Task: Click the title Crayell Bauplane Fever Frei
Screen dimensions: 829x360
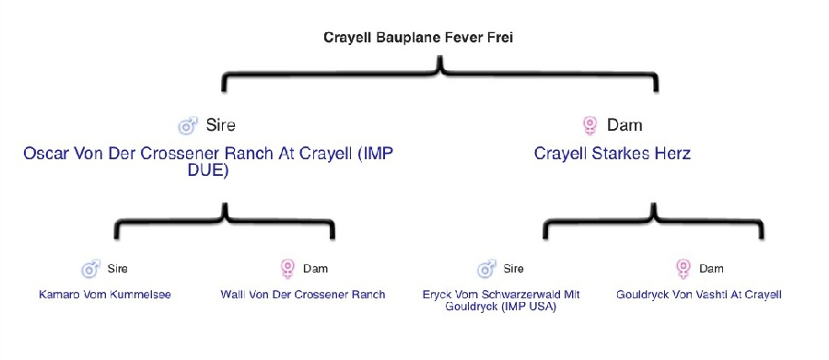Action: (x=418, y=38)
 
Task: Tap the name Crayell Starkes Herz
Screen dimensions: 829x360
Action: (x=613, y=154)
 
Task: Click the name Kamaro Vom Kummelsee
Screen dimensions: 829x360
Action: (x=105, y=295)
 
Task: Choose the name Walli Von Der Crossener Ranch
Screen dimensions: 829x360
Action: (x=303, y=295)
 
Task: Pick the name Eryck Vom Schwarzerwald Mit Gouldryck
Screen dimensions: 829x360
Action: (x=501, y=301)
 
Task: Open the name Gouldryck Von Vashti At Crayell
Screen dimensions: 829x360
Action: (x=698, y=295)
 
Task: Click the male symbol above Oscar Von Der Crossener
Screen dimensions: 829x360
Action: (x=188, y=126)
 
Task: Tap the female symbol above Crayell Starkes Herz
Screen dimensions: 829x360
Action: (x=590, y=126)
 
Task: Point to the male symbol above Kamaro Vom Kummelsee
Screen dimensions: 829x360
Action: (x=91, y=269)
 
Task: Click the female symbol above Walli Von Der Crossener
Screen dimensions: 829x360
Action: (x=287, y=269)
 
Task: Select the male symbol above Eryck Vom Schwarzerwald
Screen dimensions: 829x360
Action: (x=486, y=269)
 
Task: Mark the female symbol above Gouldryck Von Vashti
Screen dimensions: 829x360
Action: (x=683, y=269)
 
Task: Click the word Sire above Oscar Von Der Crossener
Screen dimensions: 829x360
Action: (x=220, y=125)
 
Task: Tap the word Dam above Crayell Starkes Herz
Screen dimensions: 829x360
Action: (x=625, y=125)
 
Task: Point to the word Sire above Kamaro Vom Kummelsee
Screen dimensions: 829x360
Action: (x=117, y=269)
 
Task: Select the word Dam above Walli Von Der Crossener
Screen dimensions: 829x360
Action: (x=315, y=269)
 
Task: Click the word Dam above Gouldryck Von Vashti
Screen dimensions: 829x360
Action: (x=711, y=269)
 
